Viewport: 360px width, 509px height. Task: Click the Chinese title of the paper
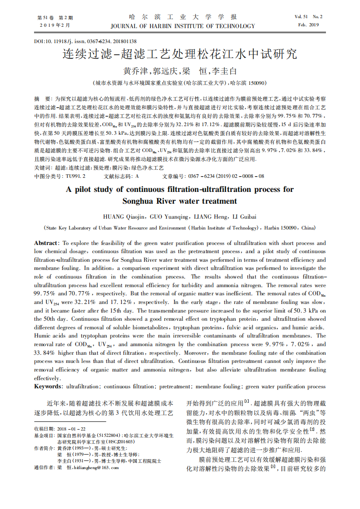180,55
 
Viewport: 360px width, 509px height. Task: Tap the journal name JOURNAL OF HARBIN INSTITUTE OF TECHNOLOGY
182,26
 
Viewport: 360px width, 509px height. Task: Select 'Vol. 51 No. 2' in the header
308,17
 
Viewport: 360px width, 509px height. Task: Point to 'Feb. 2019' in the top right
308,25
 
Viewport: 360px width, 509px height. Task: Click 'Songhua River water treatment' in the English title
180,201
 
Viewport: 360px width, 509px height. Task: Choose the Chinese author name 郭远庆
166,72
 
